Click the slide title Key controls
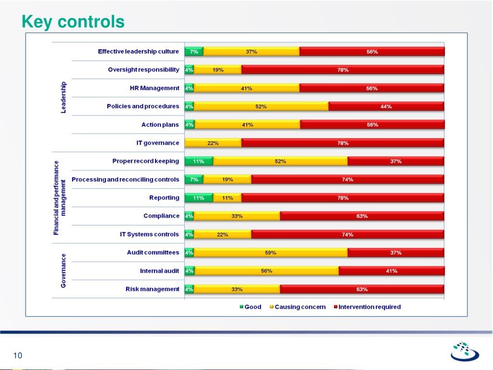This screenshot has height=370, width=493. coord(73,22)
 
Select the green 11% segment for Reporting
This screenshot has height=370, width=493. coord(199,198)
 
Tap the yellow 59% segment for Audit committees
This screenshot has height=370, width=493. coord(271,252)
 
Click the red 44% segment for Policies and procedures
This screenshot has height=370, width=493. coord(386,106)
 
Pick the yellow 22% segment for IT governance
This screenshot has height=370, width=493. coord(213,143)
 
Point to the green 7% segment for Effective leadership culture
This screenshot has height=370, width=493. coord(194,52)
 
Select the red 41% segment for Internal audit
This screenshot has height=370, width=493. coord(391,271)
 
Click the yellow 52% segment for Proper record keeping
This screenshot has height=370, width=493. coord(280,161)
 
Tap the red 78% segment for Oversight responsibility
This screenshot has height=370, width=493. coord(343,70)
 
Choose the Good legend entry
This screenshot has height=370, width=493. coord(251,307)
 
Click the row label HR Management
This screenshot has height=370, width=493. coord(155,88)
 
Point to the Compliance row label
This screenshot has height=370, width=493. coord(161,216)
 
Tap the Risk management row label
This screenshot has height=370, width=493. coord(152,289)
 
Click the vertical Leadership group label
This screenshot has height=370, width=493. coord(63,97)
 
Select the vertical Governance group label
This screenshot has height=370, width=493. coord(63,271)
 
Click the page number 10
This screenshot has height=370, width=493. coord(18,356)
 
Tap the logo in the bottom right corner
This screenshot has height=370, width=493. coord(464,351)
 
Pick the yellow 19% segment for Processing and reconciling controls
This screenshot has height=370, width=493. coord(227,180)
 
